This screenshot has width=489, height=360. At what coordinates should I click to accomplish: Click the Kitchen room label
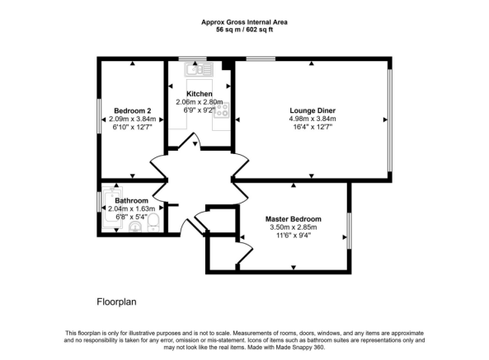pos(200,94)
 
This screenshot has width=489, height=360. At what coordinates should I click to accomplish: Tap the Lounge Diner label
pos(312,110)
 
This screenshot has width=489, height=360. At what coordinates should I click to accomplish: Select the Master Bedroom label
pos(293,218)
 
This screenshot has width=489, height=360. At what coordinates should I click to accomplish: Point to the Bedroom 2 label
pos(132,110)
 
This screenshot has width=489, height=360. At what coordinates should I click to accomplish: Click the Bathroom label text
pos(132,200)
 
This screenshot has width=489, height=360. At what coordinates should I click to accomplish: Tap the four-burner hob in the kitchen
pos(221,110)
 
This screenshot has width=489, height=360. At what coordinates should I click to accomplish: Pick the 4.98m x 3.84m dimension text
pos(312,119)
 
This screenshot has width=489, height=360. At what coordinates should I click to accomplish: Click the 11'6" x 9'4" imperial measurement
pos(293,236)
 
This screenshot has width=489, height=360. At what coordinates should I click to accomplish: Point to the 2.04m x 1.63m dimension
pos(132,209)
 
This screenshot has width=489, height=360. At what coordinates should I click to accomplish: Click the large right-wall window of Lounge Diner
pos(389,119)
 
